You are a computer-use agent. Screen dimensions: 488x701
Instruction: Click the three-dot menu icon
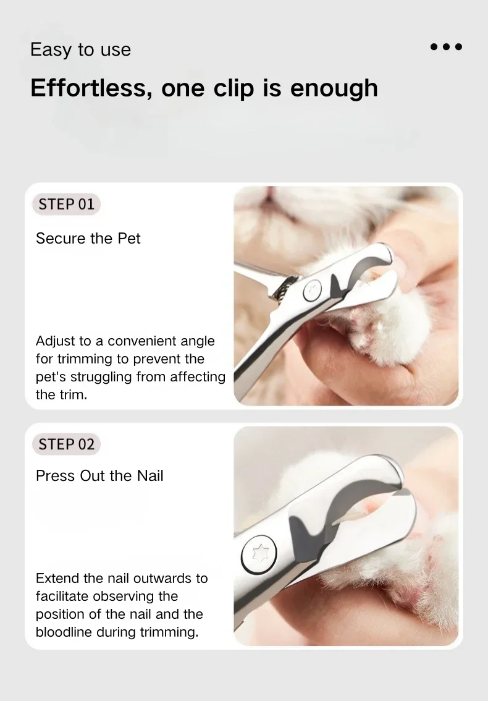point(446,46)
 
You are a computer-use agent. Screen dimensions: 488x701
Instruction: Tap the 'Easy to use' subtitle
point(80,49)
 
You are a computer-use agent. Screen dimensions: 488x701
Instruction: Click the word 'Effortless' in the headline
point(89,88)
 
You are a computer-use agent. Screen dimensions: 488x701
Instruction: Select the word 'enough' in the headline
point(334,88)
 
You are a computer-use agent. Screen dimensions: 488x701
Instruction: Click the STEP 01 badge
point(66,205)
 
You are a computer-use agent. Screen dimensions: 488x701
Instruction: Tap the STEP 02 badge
point(66,444)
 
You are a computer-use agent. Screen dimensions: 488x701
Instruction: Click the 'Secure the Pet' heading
point(88,238)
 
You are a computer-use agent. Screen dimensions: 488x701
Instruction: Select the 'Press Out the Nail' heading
point(99,476)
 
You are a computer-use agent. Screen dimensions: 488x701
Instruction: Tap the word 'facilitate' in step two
point(62,597)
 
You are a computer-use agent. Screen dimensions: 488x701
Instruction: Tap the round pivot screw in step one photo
point(312,291)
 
